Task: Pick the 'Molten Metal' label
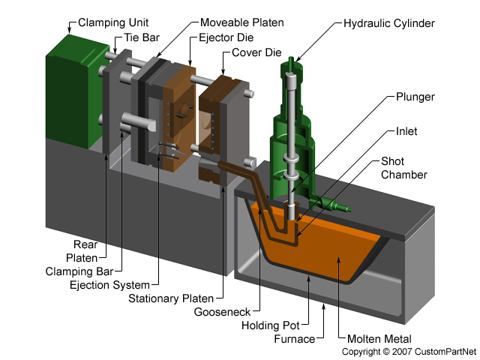[x=374, y=338]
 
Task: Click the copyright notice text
[x=409, y=351]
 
